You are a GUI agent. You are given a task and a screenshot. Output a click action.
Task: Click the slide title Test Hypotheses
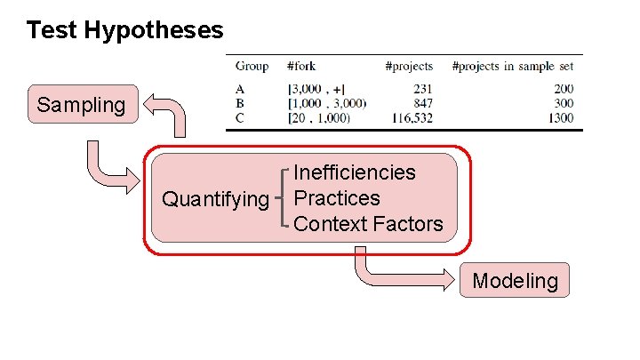tap(124, 30)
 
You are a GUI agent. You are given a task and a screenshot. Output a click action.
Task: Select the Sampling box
tap(82, 105)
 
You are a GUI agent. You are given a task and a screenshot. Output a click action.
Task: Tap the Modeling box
tap(515, 282)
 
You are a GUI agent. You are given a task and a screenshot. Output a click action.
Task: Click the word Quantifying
tap(214, 198)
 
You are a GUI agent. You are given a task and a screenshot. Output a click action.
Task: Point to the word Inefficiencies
tap(355, 172)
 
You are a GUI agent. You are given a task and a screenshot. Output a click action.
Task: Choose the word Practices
tap(337, 198)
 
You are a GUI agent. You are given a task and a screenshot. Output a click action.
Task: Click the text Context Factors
tap(368, 224)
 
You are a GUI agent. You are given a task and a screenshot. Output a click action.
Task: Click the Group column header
tap(252, 66)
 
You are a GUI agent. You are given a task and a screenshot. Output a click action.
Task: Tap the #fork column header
tap(301, 66)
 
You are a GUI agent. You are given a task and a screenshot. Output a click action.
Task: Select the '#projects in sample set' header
tap(513, 66)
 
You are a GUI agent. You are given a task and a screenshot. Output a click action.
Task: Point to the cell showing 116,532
tap(411, 116)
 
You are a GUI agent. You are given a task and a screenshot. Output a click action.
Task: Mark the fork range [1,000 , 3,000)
tap(326, 102)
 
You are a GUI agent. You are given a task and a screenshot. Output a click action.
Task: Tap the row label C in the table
tap(240, 116)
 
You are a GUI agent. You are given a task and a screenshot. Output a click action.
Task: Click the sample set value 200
tap(564, 88)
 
